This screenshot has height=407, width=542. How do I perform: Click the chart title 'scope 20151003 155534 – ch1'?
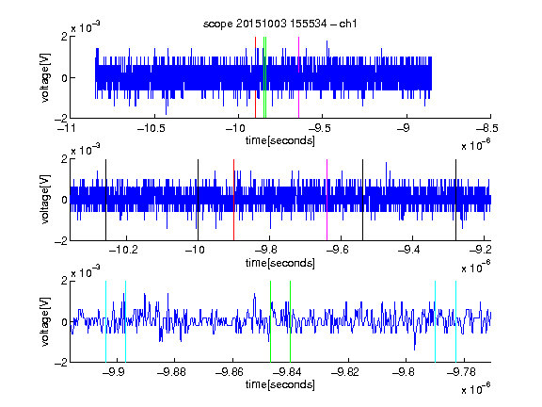click(280, 24)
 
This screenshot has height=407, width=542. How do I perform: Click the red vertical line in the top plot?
click(255, 77)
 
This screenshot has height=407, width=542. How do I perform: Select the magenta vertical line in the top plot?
click(298, 77)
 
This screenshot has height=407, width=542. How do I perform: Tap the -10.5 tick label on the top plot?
click(151, 128)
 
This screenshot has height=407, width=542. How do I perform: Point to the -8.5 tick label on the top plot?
click(487, 128)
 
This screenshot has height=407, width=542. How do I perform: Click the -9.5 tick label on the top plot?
click(319, 128)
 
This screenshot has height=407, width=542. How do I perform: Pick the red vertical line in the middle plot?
click(234, 200)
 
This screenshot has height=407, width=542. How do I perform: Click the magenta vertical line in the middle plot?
click(327, 200)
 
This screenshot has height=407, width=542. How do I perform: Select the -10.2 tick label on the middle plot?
click(123, 249)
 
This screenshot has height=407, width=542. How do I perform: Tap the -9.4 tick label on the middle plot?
click(409, 249)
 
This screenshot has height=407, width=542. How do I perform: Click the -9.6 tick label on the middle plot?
click(338, 249)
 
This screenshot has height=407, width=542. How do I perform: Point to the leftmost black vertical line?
click(105, 200)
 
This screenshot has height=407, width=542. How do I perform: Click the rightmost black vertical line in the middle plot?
click(456, 200)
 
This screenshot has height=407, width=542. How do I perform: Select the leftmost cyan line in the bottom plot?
click(105, 321)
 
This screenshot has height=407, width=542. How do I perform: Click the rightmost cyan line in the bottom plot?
click(456, 321)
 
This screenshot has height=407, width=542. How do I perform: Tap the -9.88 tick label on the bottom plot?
click(171, 372)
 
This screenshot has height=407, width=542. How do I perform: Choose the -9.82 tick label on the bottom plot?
click(345, 372)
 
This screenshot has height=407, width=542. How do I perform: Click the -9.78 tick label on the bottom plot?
click(461, 372)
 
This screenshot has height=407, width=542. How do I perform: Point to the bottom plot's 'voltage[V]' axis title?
click(45, 321)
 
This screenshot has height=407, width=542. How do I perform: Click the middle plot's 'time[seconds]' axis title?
click(280, 263)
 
